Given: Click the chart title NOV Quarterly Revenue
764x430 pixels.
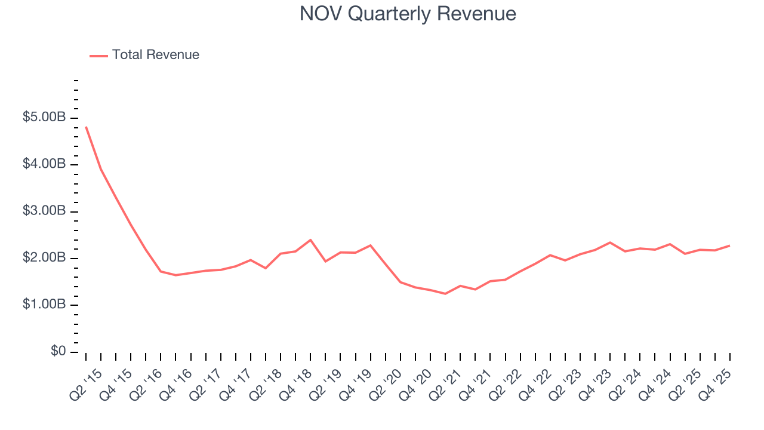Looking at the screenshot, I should [408, 14].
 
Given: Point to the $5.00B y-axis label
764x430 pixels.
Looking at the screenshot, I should [44, 118].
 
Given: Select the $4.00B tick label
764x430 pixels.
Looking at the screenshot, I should [44, 164].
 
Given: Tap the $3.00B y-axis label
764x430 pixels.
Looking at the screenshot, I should [44, 211].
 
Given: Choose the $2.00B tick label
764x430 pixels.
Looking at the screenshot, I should [44, 258].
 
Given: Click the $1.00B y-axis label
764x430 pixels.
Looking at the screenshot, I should [44, 305].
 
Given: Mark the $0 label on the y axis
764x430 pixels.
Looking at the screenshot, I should [58, 351].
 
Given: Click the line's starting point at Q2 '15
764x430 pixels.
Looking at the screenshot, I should [86, 127].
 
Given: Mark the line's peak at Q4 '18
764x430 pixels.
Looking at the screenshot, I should [310, 239].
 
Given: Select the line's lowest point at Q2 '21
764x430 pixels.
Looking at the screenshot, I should [445, 294].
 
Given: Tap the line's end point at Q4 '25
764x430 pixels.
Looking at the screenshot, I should [729, 245].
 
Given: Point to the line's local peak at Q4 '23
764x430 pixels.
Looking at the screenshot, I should [609, 242].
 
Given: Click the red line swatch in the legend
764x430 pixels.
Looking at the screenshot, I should [98, 56].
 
